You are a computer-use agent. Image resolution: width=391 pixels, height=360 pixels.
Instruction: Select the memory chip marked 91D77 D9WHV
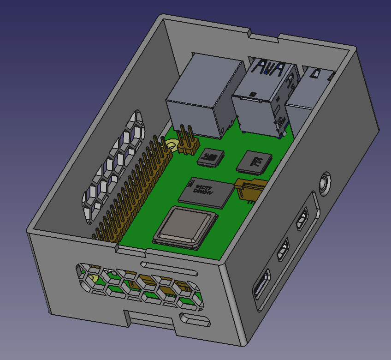click(x=205, y=192)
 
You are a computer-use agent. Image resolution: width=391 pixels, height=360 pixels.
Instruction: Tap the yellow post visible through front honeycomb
click(x=94, y=278)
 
